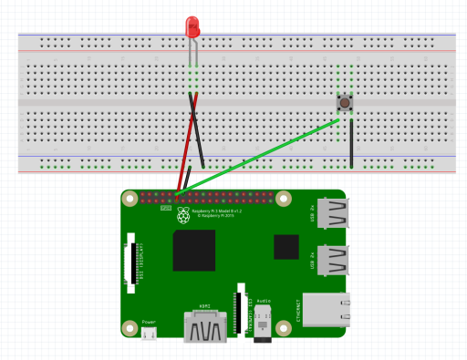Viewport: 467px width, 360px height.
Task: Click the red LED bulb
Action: point(192,27)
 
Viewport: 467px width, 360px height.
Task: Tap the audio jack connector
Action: point(264,328)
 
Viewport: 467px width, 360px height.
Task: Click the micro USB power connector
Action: point(149,334)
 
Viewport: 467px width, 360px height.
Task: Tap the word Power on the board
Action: point(149,322)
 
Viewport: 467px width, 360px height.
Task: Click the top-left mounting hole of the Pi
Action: point(130,196)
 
